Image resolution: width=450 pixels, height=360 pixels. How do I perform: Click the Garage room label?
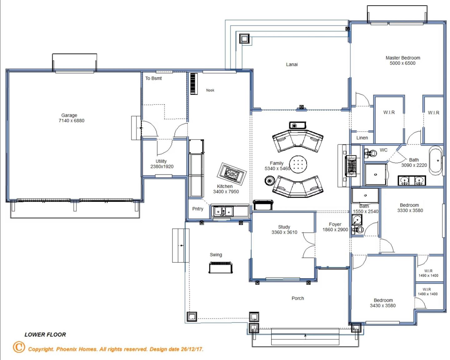(x=69, y=115)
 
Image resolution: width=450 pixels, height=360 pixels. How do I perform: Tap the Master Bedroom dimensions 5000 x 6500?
(x=402, y=63)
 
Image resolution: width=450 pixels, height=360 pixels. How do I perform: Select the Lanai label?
(x=292, y=64)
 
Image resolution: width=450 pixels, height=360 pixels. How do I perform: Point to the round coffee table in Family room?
(x=298, y=164)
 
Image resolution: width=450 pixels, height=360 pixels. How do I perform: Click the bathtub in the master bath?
(x=436, y=160)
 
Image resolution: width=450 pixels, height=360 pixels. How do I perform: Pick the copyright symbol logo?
(x=19, y=347)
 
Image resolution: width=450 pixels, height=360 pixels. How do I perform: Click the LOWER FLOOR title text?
(x=45, y=335)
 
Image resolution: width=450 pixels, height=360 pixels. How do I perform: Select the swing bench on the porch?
(x=221, y=267)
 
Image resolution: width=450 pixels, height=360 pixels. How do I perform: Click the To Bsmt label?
(x=153, y=78)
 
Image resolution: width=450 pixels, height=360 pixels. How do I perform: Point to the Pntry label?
(x=197, y=209)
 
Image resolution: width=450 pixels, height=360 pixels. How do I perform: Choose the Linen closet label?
(x=362, y=138)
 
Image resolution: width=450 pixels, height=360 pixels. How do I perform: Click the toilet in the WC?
(x=370, y=154)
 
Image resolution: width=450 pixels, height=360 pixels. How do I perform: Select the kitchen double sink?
(x=223, y=211)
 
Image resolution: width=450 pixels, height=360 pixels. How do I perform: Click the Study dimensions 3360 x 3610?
(x=284, y=232)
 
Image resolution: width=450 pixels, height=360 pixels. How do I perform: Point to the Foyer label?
(x=335, y=224)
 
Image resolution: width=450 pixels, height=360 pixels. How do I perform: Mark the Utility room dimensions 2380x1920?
(x=162, y=167)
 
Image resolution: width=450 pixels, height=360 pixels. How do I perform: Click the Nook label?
(x=210, y=90)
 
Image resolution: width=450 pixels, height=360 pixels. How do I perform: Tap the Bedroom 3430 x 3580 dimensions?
(x=383, y=306)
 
